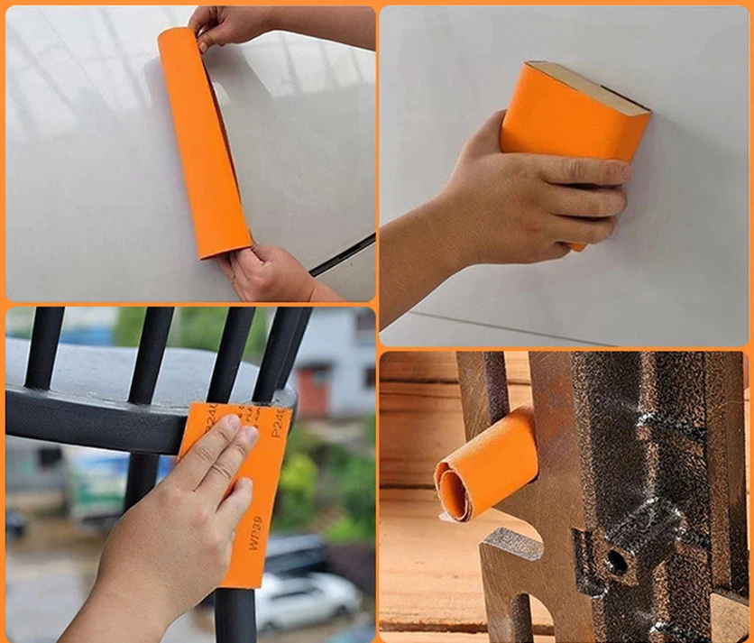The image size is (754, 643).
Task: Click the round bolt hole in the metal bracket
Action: [x=617, y=560]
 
